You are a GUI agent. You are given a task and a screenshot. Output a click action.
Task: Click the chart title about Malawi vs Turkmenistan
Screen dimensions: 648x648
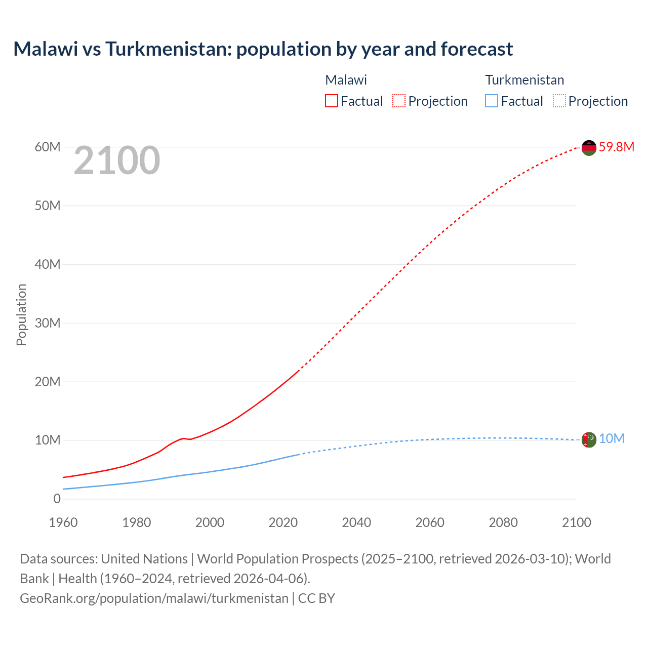click(x=263, y=49)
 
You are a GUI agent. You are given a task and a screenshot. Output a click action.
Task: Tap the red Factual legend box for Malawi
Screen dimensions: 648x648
click(x=331, y=101)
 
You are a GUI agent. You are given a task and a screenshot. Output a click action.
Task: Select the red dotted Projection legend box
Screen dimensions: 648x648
click(x=398, y=101)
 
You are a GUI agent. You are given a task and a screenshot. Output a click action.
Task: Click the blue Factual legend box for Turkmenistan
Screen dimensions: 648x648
click(x=491, y=101)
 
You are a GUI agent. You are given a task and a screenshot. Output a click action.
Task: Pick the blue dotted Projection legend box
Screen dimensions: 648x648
click(x=559, y=101)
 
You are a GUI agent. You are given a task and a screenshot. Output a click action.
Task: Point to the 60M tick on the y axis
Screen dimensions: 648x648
click(x=48, y=147)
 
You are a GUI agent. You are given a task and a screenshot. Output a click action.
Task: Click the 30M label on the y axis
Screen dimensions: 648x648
click(x=48, y=323)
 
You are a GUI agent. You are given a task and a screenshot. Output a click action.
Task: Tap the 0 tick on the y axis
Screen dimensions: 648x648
click(x=57, y=499)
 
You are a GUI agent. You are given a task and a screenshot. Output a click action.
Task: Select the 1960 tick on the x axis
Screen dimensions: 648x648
click(x=63, y=522)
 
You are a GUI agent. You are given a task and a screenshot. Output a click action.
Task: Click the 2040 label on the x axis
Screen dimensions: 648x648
click(x=356, y=522)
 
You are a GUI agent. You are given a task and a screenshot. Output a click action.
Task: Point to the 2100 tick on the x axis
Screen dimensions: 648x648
click(x=576, y=522)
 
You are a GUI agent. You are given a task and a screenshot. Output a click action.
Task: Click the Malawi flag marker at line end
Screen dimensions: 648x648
click(x=589, y=148)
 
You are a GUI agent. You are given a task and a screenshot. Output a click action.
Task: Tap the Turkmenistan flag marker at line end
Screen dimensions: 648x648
click(x=589, y=439)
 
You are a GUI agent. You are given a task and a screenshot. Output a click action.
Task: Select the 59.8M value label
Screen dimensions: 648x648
click(x=616, y=147)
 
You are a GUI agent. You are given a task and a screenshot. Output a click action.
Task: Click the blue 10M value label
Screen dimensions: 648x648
click(x=612, y=439)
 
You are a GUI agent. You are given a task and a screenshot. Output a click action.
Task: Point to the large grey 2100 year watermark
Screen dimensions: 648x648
click(x=117, y=161)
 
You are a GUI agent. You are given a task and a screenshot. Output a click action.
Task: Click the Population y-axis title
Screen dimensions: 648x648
click(x=21, y=314)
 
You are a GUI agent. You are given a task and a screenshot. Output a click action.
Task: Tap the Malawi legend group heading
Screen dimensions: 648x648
click(x=346, y=80)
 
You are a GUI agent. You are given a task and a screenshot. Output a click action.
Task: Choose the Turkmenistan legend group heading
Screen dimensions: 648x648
click(x=524, y=80)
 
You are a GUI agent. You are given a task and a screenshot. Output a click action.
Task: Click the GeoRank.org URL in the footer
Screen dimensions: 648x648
click(x=154, y=598)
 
